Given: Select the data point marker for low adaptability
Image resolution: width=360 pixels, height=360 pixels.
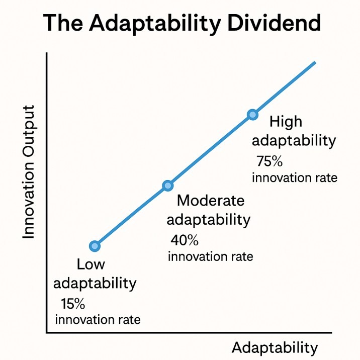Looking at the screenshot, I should coord(95,246).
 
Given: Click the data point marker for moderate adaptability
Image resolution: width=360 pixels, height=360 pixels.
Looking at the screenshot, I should coord(168,186).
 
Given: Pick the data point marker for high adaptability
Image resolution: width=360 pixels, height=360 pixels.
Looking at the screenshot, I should coord(253,115).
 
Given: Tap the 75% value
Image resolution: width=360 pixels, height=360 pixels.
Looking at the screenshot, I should coord(270,161).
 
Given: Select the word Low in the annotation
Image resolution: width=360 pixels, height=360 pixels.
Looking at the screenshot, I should coord(91,265).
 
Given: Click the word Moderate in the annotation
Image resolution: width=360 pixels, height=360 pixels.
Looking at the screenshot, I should coord(211,201).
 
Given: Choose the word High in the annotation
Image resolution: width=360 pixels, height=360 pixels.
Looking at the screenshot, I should coord(287,122).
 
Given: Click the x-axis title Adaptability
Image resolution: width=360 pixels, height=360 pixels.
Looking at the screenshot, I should coord(275,348).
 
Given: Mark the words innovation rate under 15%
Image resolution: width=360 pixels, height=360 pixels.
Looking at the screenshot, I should coord(98,319).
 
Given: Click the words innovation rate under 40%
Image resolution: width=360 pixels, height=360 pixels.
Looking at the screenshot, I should coord(210,256).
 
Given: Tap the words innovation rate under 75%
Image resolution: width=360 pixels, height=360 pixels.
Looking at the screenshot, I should coord(295,178).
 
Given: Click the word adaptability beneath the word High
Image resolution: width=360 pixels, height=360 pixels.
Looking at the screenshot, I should coord(294,140).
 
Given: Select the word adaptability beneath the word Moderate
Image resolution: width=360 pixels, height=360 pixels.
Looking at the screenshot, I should coord(208,220).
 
